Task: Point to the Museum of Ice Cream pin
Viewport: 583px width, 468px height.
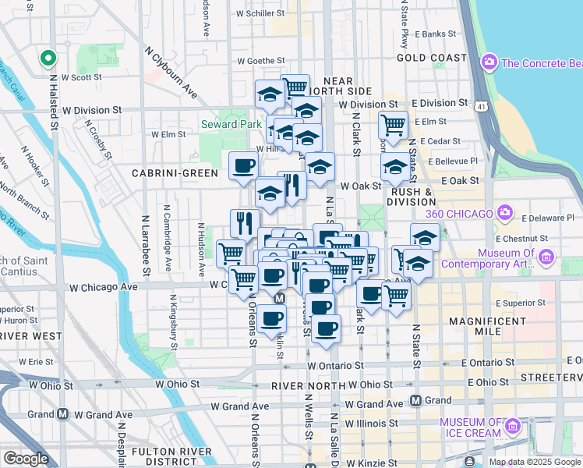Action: pyautogui.click(x=512, y=426)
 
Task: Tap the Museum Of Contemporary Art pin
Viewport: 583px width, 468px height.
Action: pyautogui.click(x=546, y=256)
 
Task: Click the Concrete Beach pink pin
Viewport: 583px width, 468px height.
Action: pyautogui.click(x=489, y=61)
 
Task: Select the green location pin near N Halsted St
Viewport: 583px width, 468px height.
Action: pyautogui.click(x=48, y=58)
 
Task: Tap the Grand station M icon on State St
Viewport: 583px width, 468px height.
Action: pyautogui.click(x=416, y=400)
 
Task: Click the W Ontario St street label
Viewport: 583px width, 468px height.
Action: pyautogui.click(x=335, y=365)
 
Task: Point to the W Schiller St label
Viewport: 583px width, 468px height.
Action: pyautogui.click(x=260, y=13)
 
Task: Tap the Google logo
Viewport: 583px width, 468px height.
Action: pyautogui.click(x=26, y=459)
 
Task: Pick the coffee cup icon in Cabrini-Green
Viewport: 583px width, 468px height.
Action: pyautogui.click(x=243, y=165)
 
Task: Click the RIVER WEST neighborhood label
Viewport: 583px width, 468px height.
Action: pyautogui.click(x=31, y=336)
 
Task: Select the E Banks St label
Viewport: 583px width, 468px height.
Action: pyautogui.click(x=436, y=34)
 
